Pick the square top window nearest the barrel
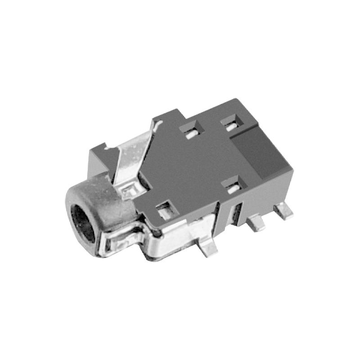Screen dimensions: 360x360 (x=165, y=209)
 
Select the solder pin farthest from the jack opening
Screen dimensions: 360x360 (x=284, y=211)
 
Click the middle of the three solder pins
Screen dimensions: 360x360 (x=257, y=223)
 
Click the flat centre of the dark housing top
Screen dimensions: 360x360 (x=198, y=166)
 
